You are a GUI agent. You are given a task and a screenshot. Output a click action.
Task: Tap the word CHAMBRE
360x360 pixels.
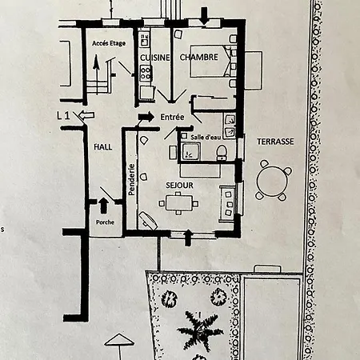point(198,58)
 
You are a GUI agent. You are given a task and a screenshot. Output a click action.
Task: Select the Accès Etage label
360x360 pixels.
point(109,43)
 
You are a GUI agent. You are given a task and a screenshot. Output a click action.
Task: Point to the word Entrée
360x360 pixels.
point(172,118)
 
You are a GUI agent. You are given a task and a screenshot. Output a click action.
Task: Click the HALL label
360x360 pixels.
point(102,147)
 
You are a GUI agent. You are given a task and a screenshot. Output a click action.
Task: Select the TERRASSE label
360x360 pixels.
point(275,141)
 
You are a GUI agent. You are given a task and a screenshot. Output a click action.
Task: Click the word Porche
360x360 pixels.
point(104,222)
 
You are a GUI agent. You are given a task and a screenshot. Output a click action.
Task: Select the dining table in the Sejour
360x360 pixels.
point(180,203)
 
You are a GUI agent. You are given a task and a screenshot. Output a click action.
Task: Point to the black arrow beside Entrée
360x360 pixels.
point(146,117)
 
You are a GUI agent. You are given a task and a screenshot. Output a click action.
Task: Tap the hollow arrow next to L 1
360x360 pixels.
point(87,116)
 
